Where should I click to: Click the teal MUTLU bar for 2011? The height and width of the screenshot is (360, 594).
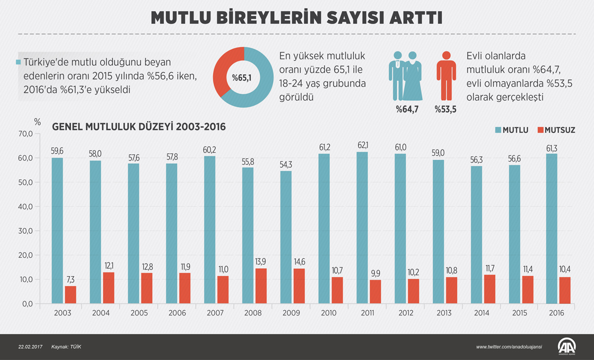[x=362, y=228]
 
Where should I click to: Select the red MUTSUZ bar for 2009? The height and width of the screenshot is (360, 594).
[x=299, y=286]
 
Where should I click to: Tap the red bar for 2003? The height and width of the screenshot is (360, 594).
[x=71, y=295]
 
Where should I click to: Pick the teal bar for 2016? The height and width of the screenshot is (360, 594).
[x=553, y=229]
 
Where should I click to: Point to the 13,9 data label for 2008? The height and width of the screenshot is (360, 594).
[x=261, y=261]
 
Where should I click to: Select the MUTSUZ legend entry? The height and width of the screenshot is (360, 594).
[x=556, y=130]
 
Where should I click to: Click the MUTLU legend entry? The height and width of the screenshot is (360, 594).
[x=512, y=130]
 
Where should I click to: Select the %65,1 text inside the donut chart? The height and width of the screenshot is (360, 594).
[x=242, y=78]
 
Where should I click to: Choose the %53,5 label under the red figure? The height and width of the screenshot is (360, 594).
[x=445, y=109]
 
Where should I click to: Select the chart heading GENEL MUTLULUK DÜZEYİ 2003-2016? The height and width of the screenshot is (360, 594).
[x=138, y=127]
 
